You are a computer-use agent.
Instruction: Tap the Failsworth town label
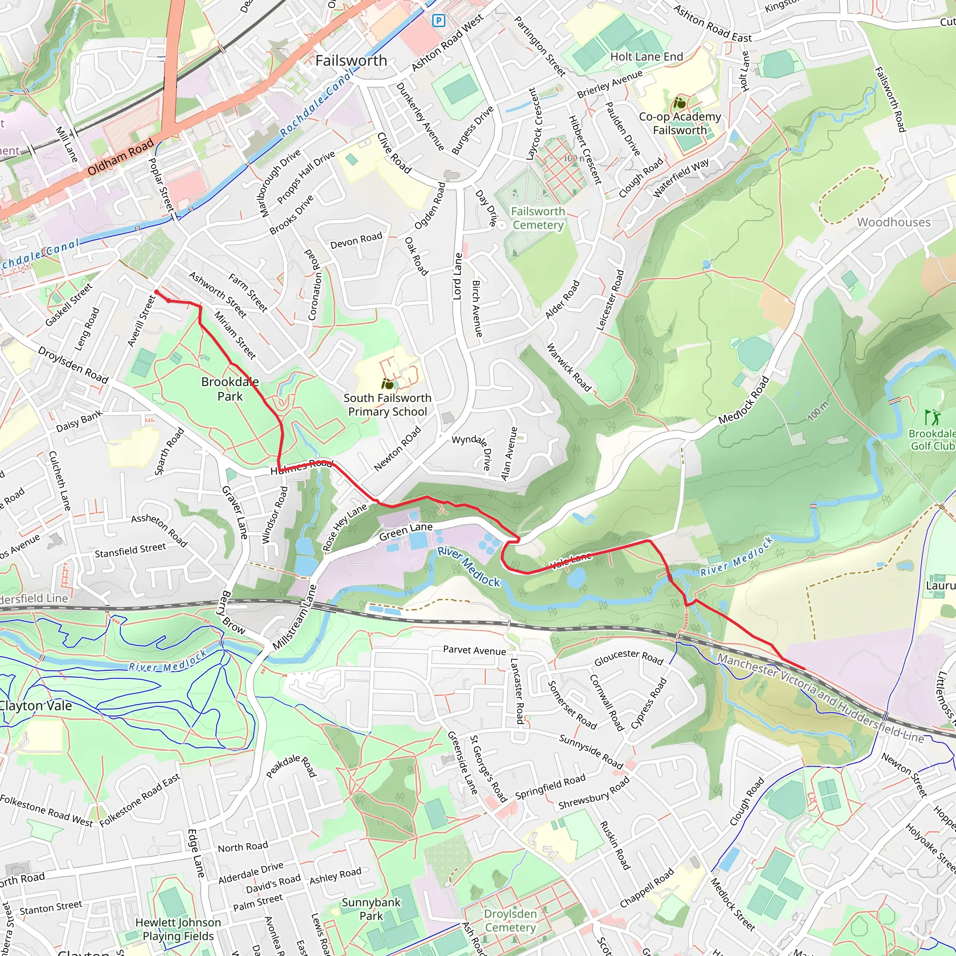(351, 61)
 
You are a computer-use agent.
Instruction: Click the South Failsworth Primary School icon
(387, 384)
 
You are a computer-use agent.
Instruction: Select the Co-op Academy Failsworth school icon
(680, 104)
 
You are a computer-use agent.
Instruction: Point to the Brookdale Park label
(230, 389)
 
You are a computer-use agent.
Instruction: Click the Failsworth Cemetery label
(538, 218)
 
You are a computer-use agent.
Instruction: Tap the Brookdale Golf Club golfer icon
(933, 417)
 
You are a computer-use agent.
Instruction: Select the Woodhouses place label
(893, 222)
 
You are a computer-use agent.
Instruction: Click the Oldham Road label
(120, 157)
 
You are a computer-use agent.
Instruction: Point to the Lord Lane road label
(458, 276)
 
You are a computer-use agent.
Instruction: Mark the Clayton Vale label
(35, 706)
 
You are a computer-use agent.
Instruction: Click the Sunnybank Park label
(371, 909)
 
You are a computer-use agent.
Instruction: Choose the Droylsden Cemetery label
(510, 921)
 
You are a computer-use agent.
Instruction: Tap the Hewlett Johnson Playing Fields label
(178, 929)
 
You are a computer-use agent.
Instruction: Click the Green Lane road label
(406, 533)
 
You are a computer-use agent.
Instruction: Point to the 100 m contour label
(817, 411)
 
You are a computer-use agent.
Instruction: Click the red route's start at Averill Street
(156, 292)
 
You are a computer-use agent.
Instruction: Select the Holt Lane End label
(646, 57)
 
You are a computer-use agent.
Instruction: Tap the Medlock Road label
(744, 400)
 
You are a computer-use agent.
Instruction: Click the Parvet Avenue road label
(474, 650)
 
